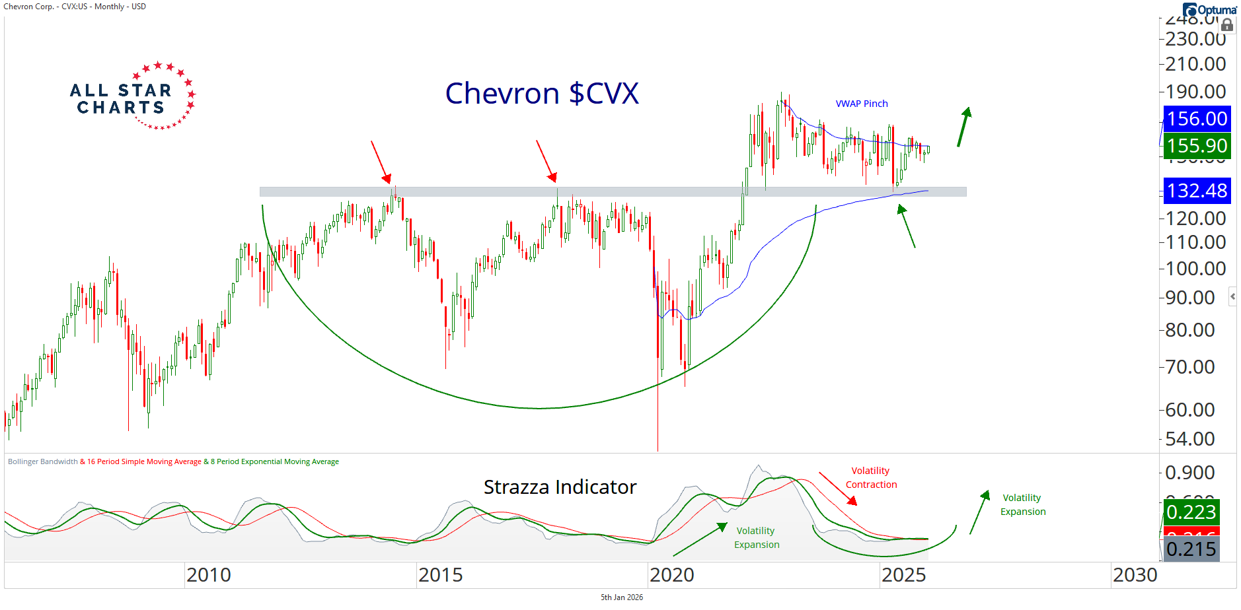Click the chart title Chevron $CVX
[x=542, y=94]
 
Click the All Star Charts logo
[x=132, y=97]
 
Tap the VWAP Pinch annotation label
[x=861, y=104]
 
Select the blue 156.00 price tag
[x=1197, y=119]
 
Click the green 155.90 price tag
[x=1197, y=146]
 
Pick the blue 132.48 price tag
[x=1197, y=191]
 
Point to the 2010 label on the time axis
[x=209, y=575]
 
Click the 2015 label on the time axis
[x=440, y=575]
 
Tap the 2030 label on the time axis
[x=1135, y=575]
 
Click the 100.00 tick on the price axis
[x=1195, y=269]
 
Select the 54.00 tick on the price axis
[x=1190, y=439]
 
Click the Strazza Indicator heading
[x=560, y=487]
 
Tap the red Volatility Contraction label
[x=871, y=477]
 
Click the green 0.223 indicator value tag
[x=1191, y=512]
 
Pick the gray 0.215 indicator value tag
[x=1191, y=549]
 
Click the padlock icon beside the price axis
[x=1227, y=25]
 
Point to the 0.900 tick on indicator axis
[x=1190, y=473]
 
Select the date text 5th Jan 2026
[x=621, y=597]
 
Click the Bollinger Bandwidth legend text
[x=43, y=461]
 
